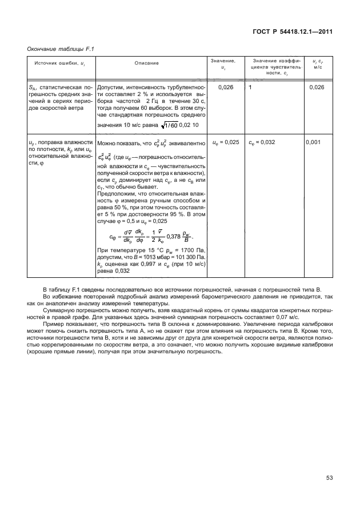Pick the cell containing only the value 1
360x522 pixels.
(250, 87)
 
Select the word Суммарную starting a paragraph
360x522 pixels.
(58, 310)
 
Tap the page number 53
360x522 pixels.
(329, 477)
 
